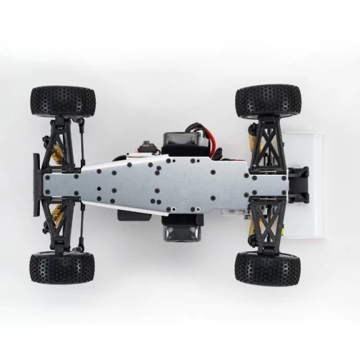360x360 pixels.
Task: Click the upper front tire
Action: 63,101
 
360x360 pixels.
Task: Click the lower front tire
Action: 62,268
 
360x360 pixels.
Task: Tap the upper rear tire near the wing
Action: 267,101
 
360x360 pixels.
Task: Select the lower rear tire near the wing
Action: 267,267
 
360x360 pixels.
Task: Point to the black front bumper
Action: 37,184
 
